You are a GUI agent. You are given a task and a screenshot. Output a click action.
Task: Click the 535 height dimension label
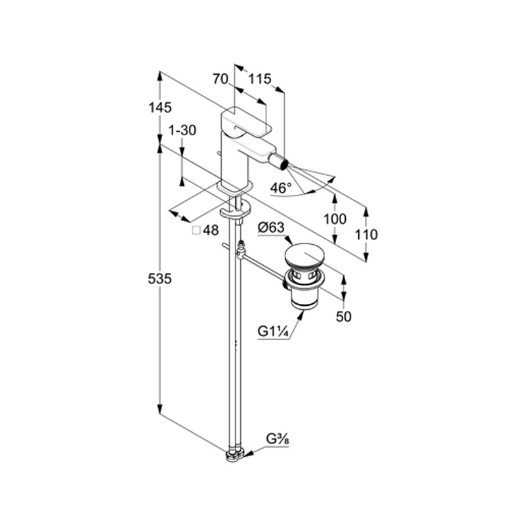click(160, 280)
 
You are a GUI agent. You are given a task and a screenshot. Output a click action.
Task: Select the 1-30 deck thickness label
click(182, 131)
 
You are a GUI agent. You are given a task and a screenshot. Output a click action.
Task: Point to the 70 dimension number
click(220, 79)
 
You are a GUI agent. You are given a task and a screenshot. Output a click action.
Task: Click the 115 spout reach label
click(260, 79)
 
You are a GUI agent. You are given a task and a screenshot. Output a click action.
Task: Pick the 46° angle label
click(281, 188)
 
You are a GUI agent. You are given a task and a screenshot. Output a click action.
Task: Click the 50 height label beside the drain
click(344, 316)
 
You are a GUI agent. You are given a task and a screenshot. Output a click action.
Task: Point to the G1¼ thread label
click(274, 331)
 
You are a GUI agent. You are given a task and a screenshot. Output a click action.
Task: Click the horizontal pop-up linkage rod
click(262, 267)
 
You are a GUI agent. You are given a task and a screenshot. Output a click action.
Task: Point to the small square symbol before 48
click(196, 230)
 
